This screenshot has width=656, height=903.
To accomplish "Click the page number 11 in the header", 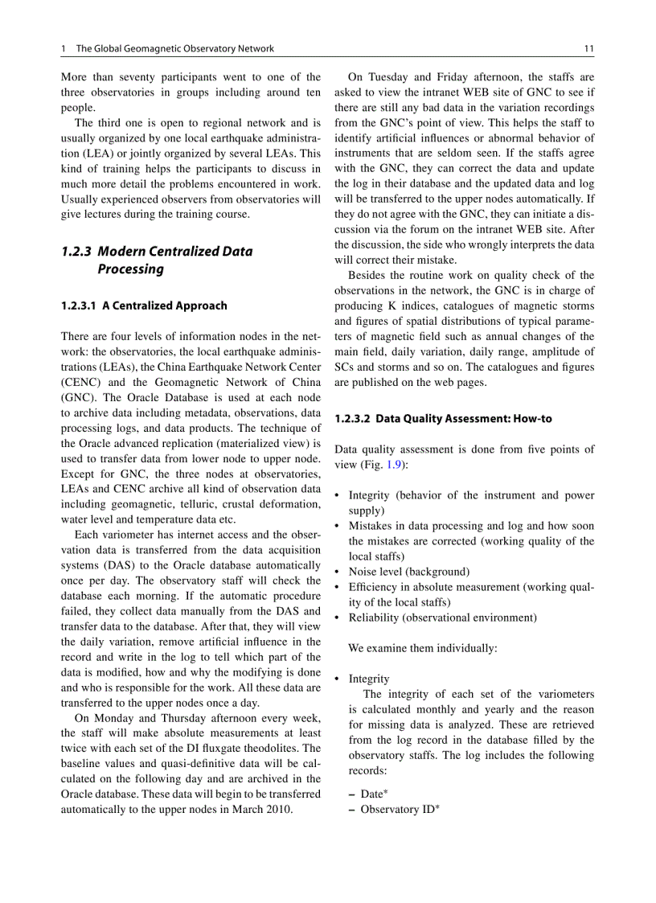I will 588,49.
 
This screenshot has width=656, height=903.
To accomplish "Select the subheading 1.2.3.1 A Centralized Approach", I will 144,306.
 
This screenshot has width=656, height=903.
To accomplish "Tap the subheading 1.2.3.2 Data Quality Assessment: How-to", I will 443,419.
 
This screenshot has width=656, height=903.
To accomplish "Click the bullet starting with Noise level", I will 408,572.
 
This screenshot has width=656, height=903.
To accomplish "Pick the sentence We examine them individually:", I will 422,648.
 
